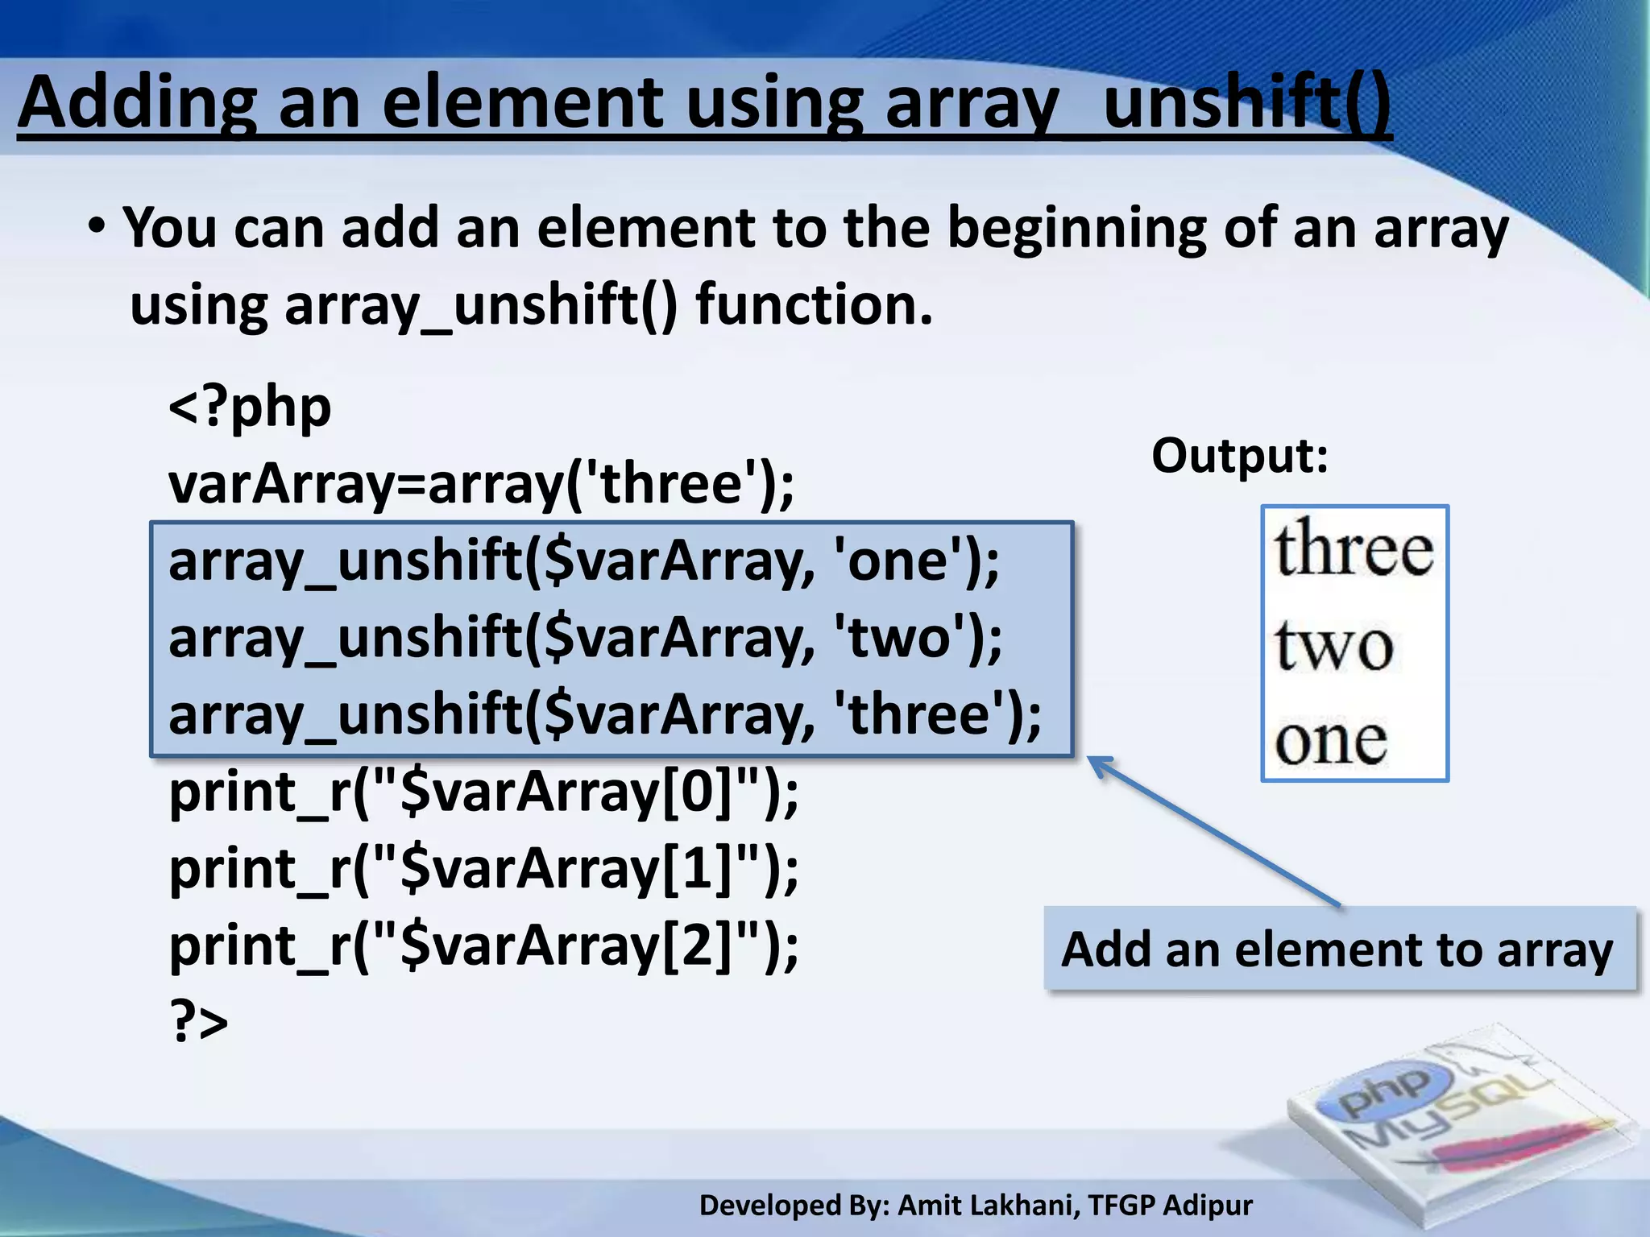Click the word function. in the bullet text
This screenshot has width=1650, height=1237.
point(814,305)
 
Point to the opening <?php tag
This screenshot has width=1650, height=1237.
point(250,407)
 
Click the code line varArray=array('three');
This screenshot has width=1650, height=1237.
point(481,484)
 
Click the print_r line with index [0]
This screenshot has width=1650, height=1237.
point(483,792)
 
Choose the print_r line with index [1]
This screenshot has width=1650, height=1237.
point(483,869)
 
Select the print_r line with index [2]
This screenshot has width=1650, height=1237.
point(483,945)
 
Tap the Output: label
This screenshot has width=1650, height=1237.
point(1239,456)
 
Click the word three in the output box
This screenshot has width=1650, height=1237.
point(1354,550)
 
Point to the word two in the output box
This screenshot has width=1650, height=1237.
point(1333,645)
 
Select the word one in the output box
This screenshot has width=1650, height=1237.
point(1330,741)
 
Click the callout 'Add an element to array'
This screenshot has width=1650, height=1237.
point(1337,949)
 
